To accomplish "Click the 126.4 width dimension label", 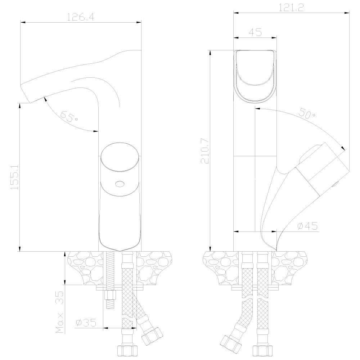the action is click(x=81, y=17).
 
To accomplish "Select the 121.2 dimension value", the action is click(x=291, y=8).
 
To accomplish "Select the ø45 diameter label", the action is click(x=307, y=226).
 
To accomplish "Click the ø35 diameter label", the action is click(x=86, y=323).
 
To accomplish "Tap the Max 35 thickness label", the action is click(x=60, y=312).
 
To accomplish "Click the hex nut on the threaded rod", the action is click(x=110, y=295).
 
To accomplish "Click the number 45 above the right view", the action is click(x=255, y=32).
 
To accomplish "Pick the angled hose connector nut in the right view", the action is click(x=230, y=343).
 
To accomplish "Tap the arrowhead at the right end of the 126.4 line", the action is click(x=139, y=22).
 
